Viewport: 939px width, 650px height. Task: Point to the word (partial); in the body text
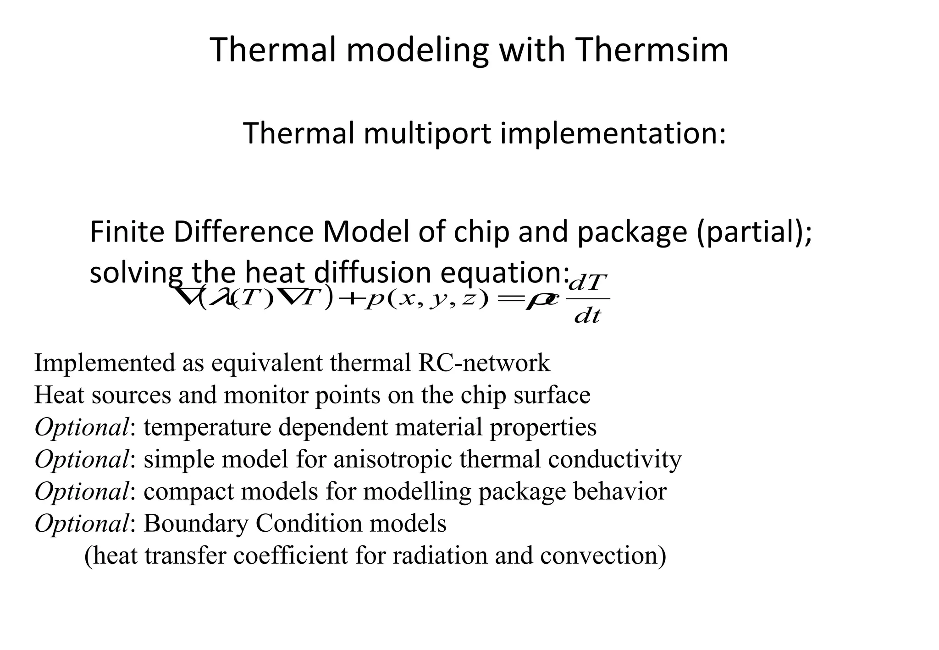pyautogui.click(x=754, y=232)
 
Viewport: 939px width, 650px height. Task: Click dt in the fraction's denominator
pyautogui.click(x=587, y=316)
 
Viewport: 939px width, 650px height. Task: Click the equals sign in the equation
pyautogui.click(x=509, y=299)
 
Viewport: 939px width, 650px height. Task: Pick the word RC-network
pyautogui.click(x=484, y=363)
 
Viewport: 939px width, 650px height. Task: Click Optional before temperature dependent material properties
pyautogui.click(x=81, y=427)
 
